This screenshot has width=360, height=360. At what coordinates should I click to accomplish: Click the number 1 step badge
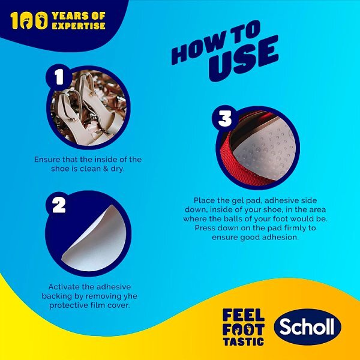pyautogui.click(x=58, y=77)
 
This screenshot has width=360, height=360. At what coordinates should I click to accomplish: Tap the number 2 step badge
pyautogui.click(x=59, y=205)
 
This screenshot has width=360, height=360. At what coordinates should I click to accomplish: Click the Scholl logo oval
pyautogui.click(x=308, y=327)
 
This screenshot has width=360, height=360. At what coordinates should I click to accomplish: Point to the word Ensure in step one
pyautogui.click(x=47, y=159)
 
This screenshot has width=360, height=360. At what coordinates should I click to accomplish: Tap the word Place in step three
pyautogui.click(x=205, y=199)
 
